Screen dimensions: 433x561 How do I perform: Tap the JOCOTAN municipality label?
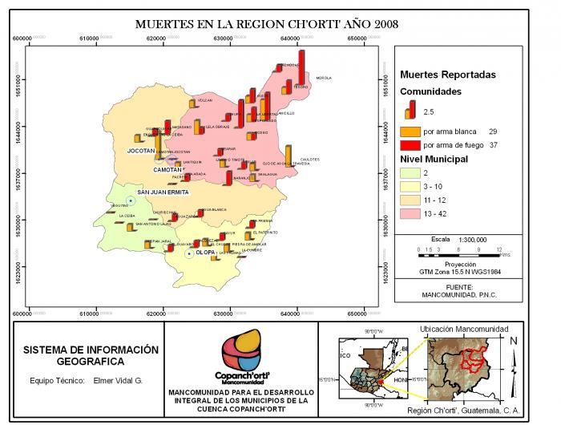(x=141, y=151)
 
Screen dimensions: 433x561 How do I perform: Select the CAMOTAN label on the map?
(x=167, y=170)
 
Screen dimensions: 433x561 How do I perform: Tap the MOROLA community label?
(x=324, y=79)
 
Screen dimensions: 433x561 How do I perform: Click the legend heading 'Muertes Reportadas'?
(x=447, y=75)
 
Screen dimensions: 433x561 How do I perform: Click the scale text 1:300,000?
(x=473, y=239)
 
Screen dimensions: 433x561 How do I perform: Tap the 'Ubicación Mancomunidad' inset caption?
(x=463, y=330)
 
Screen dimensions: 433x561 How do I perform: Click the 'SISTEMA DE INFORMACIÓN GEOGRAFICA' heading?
(x=91, y=356)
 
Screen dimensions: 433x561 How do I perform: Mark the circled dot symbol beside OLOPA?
(x=189, y=253)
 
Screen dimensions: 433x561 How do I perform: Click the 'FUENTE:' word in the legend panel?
(x=459, y=285)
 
